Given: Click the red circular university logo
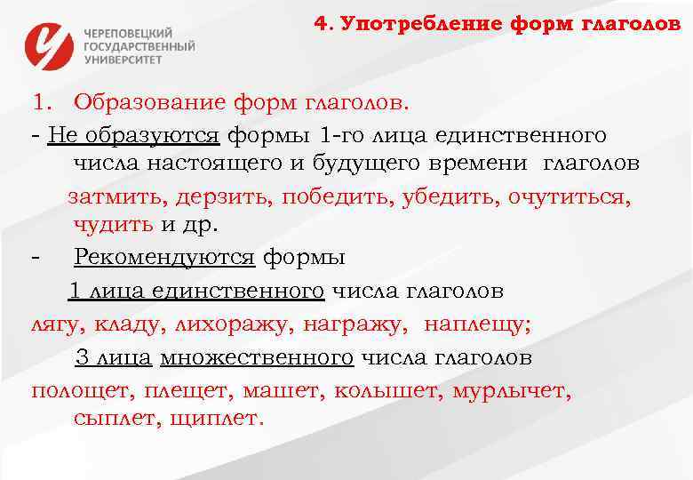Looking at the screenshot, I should pyautogui.click(x=50, y=45).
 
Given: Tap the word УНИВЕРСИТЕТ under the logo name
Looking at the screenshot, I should pyautogui.click(x=123, y=59).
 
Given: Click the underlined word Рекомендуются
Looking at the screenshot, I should pyautogui.click(x=164, y=258).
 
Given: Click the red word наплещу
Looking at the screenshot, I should pyautogui.click(x=476, y=324).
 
